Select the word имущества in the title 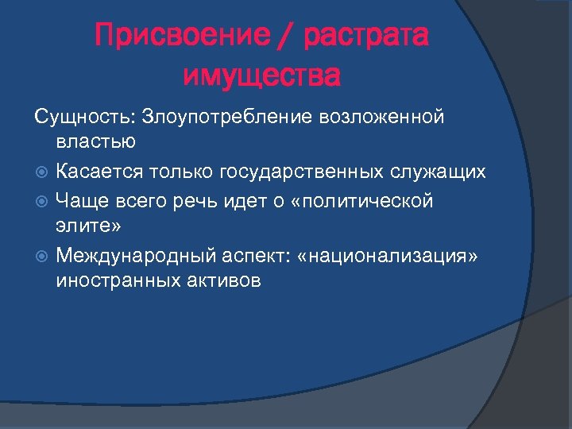(x=261, y=77)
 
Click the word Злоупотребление (x=227, y=117)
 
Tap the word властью (x=96, y=142)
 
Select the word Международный (x=143, y=256)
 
